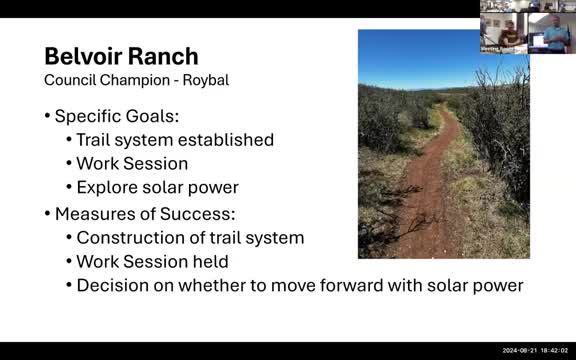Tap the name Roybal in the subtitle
tap(205, 79)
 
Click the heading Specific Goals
tap(118, 115)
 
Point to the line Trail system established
tap(175, 139)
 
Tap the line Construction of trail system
tap(190, 238)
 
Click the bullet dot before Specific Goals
tap(47, 115)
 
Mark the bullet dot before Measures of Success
tap(47, 214)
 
